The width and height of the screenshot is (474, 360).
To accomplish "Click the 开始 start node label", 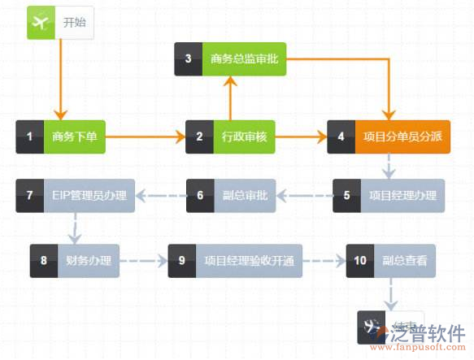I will pyautogui.click(x=75, y=23).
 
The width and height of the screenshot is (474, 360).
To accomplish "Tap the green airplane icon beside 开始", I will pyautogui.click(x=40, y=23).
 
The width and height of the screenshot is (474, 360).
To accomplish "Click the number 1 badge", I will pyautogui.click(x=30, y=137).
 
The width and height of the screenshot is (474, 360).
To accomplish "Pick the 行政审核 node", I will pyautogui.click(x=239, y=137).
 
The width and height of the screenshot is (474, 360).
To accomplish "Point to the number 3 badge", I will pyautogui.click(x=189, y=59).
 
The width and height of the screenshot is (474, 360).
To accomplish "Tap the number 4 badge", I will pyautogui.click(x=341, y=137).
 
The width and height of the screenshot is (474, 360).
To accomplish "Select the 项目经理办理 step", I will pyautogui.click(x=402, y=195).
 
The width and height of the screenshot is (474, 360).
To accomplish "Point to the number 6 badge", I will pyautogui.click(x=200, y=195).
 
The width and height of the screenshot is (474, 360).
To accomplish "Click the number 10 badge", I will pyautogui.click(x=360, y=262).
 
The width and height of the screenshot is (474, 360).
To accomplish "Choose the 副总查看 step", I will pyautogui.click(x=411, y=262).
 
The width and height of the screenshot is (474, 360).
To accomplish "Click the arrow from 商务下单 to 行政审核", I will pyautogui.click(x=146, y=137).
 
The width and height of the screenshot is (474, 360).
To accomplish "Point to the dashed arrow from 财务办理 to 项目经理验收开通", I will pyautogui.click(x=143, y=262).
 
